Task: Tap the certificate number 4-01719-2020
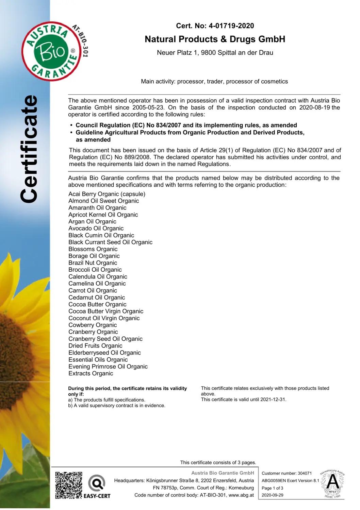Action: [x=231, y=26]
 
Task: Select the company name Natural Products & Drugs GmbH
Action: [x=215, y=39]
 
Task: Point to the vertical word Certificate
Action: [x=29, y=149]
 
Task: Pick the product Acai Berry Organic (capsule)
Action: [x=107, y=194]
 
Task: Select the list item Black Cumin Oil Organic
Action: [x=101, y=235]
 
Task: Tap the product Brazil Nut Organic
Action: [x=93, y=263]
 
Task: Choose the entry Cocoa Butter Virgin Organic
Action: [x=106, y=311]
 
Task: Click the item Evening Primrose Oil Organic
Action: [x=108, y=367]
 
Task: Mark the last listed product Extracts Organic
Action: [x=91, y=373]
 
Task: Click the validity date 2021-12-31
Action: [x=273, y=400]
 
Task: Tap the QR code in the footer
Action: [x=68, y=485]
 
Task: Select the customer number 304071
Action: [x=305, y=473]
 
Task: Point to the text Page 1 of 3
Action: [x=272, y=488]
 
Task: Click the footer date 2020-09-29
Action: [x=272, y=495]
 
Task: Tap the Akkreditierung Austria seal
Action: [x=332, y=484]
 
